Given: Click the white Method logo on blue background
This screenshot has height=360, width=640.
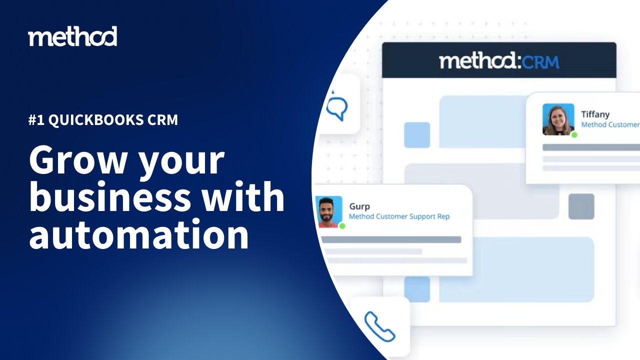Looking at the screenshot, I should point(72,36).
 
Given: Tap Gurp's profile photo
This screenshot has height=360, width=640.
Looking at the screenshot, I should point(329,211).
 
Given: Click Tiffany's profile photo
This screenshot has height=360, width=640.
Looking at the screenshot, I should point(558,119).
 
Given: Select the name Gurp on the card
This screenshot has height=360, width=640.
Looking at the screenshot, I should point(359,206).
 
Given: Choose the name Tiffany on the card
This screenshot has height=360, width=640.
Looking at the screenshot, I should point(595,114).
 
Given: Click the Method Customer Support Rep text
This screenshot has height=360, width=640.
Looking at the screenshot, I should point(399,216).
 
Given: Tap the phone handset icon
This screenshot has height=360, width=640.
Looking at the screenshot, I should point(379,326).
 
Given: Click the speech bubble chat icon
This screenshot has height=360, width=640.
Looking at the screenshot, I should point(337,107).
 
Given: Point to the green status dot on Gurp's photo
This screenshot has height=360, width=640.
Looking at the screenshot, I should point(342,226).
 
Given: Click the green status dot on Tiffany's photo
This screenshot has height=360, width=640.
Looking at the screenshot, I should point(574,135).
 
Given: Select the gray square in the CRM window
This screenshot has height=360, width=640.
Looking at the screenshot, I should point(581,206).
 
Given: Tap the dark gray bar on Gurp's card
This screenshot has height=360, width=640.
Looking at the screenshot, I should point(390,239).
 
